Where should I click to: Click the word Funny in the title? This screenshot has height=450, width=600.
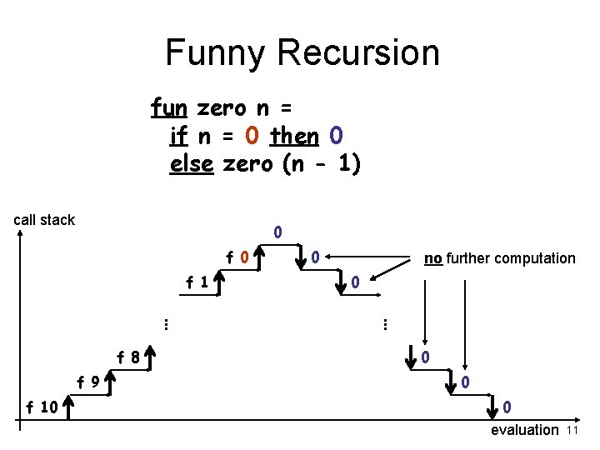[217, 52]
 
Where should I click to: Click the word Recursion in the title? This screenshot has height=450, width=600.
[359, 52]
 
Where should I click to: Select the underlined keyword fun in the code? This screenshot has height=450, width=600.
[169, 107]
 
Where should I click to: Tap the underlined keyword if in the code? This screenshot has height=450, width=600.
[178, 135]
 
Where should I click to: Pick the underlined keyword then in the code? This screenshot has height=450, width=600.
[295, 135]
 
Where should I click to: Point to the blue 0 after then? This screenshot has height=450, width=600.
[336, 135]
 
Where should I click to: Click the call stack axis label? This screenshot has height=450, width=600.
[44, 220]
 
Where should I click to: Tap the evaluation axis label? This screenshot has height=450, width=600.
[525, 430]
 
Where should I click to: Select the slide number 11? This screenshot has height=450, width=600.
[572, 430]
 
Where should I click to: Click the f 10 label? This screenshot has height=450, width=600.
[41, 407]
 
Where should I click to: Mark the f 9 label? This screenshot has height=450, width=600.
[89, 383]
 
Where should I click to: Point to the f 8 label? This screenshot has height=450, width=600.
[127, 358]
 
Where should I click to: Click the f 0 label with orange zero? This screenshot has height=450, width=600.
[238, 257]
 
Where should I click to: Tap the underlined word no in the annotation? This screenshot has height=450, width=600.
[432, 258]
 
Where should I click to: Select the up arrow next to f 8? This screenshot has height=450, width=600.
[149, 359]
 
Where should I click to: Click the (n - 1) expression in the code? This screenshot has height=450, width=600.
[322, 163]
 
